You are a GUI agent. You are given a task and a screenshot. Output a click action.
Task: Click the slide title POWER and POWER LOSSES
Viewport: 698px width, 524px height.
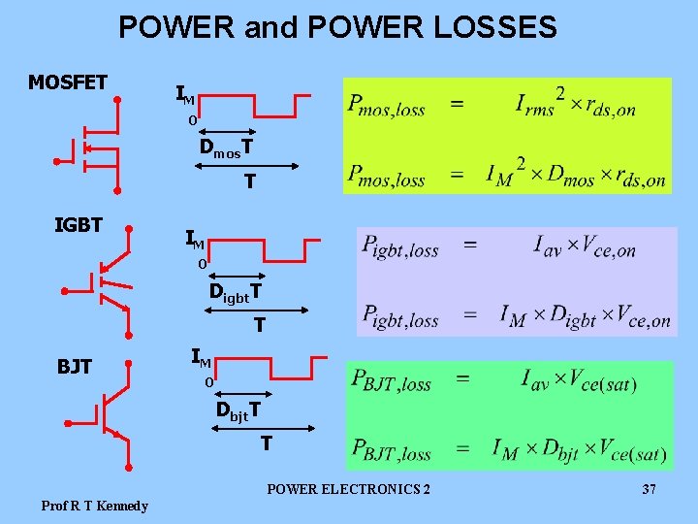point(337,26)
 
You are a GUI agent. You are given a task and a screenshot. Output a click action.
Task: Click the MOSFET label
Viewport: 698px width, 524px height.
point(68,82)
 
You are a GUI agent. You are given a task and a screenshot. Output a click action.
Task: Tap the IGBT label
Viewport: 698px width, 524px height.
point(79,225)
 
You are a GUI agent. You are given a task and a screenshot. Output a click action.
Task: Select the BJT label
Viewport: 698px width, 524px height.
point(75,366)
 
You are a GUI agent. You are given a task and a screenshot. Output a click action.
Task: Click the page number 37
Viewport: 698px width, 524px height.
point(650,490)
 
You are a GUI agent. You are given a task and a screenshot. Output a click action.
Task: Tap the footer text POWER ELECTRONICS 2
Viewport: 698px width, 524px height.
point(349,490)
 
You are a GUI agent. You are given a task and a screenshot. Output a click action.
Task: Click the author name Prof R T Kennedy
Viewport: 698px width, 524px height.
point(95,506)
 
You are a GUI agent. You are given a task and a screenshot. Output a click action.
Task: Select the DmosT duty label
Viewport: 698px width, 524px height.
point(227,148)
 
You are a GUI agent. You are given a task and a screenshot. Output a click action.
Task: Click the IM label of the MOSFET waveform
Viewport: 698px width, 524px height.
point(185,95)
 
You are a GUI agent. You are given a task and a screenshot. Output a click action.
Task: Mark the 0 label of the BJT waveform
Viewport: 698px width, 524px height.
point(207,382)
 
